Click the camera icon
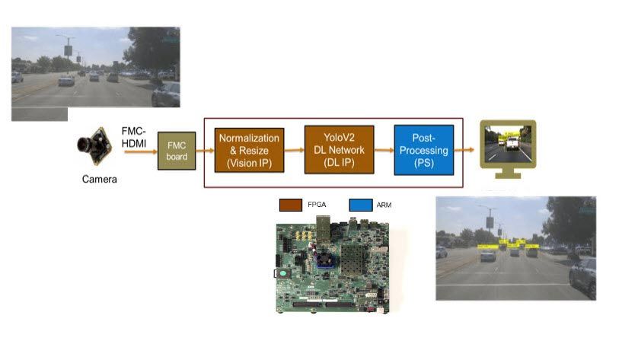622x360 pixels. point(95,148)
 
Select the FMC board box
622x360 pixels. point(177,150)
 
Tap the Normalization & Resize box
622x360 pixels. point(250,150)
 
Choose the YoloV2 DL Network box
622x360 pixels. point(339,150)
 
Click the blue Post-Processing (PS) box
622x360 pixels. point(423,150)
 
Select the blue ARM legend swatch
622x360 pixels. point(360,205)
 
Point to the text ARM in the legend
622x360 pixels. point(384,205)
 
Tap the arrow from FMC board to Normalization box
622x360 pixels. point(204,151)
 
